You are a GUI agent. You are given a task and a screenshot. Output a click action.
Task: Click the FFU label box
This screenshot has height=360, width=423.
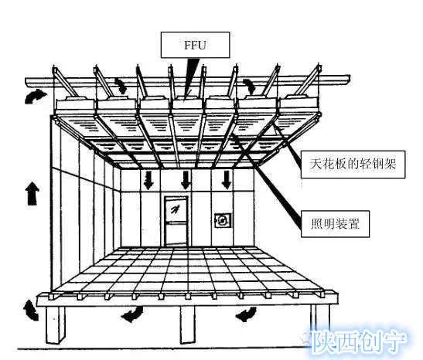click(195, 45)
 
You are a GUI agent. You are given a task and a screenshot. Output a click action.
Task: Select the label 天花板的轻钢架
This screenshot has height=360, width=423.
click(353, 165)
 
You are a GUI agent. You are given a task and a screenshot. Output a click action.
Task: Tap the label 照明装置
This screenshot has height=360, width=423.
click(335, 224)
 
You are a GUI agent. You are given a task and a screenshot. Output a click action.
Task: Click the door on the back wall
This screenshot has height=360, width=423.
click(176, 221)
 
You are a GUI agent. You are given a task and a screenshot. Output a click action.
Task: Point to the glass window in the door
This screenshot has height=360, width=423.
click(176, 209)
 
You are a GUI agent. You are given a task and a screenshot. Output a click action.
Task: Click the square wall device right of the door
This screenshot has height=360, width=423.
click(223, 221)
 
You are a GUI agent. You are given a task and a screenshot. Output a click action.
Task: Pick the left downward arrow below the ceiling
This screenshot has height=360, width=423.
click(148, 180)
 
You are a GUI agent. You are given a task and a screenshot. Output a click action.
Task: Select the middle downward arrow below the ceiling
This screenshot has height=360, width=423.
click(186, 180)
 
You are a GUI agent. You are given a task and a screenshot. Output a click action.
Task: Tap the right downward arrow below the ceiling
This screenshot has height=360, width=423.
click(227, 180)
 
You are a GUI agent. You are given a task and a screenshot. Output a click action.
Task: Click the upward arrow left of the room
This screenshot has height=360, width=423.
click(32, 193)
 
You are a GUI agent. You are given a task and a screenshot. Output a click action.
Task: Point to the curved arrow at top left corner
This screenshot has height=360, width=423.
click(34, 96)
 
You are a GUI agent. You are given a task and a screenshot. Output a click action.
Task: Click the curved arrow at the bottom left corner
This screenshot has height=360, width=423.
click(30, 311)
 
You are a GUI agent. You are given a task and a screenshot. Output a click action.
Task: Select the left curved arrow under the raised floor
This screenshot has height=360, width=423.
click(133, 314)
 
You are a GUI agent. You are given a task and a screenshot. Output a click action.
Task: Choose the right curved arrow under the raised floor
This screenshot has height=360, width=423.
click(247, 314)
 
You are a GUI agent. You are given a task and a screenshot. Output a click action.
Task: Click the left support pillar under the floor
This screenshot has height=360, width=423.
click(56, 324)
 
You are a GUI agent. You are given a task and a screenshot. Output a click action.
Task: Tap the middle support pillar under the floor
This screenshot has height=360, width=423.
click(187, 324)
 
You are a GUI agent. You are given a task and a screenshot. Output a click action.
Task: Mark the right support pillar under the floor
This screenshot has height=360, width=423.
click(319, 322)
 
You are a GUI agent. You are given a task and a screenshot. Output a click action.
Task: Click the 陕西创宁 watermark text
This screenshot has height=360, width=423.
click(359, 342)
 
